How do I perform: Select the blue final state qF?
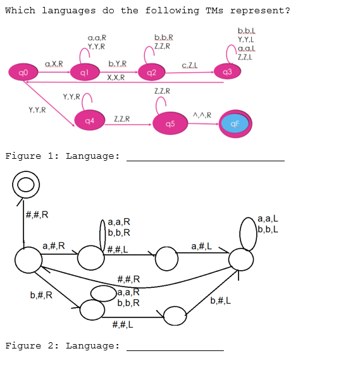pyautogui.click(x=235, y=124)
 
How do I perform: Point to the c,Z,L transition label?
pyautogui.click(x=190, y=65)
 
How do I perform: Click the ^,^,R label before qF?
pyautogui.click(x=202, y=114)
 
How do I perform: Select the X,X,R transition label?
pyautogui.click(x=116, y=77)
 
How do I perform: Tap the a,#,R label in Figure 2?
pyautogui.click(x=53, y=246)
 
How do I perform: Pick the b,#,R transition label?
pyautogui.click(x=41, y=295)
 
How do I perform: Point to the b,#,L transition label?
pyautogui.click(x=221, y=301)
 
